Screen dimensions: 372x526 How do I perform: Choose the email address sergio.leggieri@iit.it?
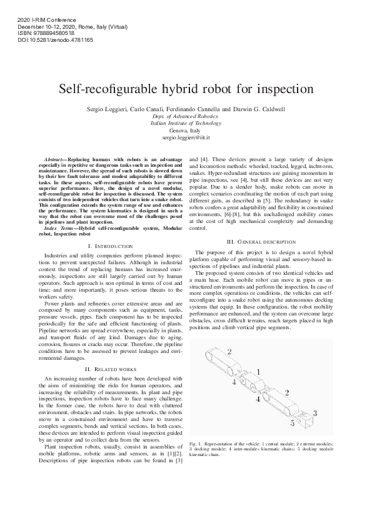pos(186,136)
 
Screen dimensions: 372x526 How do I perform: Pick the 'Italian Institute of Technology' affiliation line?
pos(186,123)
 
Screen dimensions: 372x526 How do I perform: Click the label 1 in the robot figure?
pos(258,372)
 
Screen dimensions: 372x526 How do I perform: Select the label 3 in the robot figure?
pos(314,413)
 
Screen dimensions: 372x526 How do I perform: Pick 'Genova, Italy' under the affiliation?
pos(186,130)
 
